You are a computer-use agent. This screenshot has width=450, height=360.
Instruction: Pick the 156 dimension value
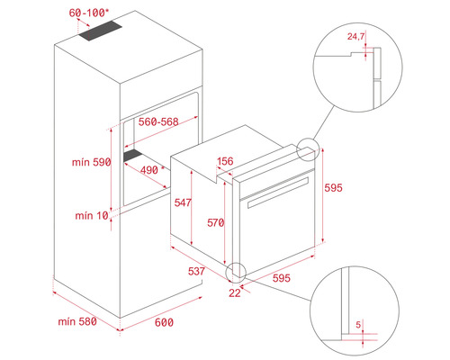coord(225,161)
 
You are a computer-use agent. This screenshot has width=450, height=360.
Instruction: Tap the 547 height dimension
coord(184,204)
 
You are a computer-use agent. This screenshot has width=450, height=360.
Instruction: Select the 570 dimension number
coord(213,222)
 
